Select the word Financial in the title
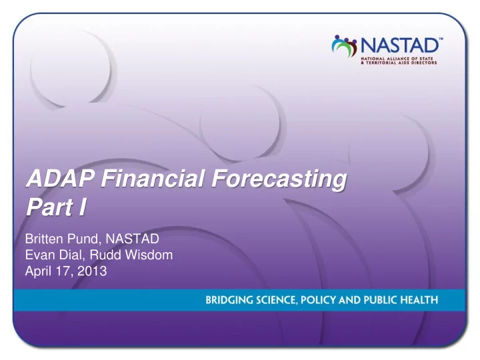[x=153, y=178]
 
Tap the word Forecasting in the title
[x=279, y=180]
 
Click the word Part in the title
[x=49, y=207]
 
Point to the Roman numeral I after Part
[x=83, y=207]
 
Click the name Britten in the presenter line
[x=45, y=239]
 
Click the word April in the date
[x=39, y=271]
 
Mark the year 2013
[x=92, y=271]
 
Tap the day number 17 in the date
[x=64, y=271]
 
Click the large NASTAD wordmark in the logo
[x=400, y=45]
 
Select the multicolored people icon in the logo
[x=345, y=46]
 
